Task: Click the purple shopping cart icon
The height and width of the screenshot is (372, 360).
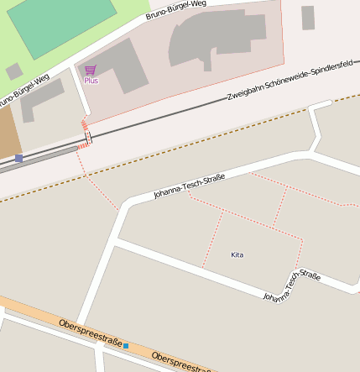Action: tap(91, 71)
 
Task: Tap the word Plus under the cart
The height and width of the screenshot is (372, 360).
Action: tap(91, 81)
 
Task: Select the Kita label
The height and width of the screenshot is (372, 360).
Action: tap(237, 254)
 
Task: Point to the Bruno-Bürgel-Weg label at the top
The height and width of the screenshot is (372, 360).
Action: tap(175, 10)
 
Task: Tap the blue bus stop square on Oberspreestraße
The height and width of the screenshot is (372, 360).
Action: tap(126, 346)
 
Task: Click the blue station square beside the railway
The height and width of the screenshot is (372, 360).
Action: tap(18, 158)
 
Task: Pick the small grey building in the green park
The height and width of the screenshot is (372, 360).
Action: tap(14, 71)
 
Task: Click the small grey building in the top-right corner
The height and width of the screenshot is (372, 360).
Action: tap(308, 18)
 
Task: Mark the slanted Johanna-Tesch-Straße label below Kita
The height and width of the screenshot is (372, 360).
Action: tap(291, 286)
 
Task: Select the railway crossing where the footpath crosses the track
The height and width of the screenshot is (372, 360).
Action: tap(87, 137)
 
